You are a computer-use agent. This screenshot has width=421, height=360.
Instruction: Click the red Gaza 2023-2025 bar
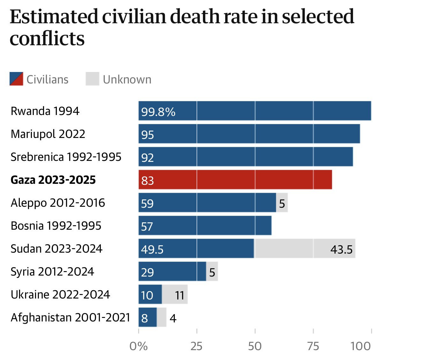pyautogui.click(x=235, y=180)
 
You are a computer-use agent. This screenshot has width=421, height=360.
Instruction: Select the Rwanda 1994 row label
pyautogui.click(x=45, y=111)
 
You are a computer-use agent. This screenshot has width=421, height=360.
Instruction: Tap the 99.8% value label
pyautogui.click(x=158, y=112)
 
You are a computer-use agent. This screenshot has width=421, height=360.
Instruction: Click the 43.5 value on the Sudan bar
pyautogui.click(x=341, y=249)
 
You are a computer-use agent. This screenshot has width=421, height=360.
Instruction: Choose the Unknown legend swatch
pyautogui.click(x=92, y=79)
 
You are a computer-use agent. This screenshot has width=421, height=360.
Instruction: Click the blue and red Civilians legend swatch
pyautogui.click(x=16, y=79)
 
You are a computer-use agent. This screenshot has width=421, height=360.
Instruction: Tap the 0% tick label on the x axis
pyautogui.click(x=138, y=346)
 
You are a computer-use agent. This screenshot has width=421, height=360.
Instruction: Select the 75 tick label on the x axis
pyautogui.click(x=313, y=346)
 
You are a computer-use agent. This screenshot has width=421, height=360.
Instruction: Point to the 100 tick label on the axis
pyautogui.click(x=360, y=346)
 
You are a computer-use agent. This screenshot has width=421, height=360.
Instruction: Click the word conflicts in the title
pyautogui.click(x=47, y=39)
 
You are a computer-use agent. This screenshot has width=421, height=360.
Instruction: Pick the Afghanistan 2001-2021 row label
pyautogui.click(x=70, y=318)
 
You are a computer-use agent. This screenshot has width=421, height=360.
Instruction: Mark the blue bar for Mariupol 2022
pyautogui.click(x=249, y=134)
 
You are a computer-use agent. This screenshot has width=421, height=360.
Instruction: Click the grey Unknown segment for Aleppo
pyautogui.click(x=282, y=203)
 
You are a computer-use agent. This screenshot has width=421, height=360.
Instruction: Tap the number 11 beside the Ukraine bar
pyautogui.click(x=180, y=295)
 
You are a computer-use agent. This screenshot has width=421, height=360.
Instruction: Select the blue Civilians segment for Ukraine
pyautogui.click(x=150, y=294)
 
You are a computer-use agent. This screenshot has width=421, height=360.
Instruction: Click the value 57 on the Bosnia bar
pyautogui.click(x=147, y=227)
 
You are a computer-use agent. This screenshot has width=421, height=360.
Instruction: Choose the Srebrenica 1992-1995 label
pyautogui.click(x=66, y=157)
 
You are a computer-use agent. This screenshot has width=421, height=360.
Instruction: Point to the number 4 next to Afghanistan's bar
pyautogui.click(x=173, y=318)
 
